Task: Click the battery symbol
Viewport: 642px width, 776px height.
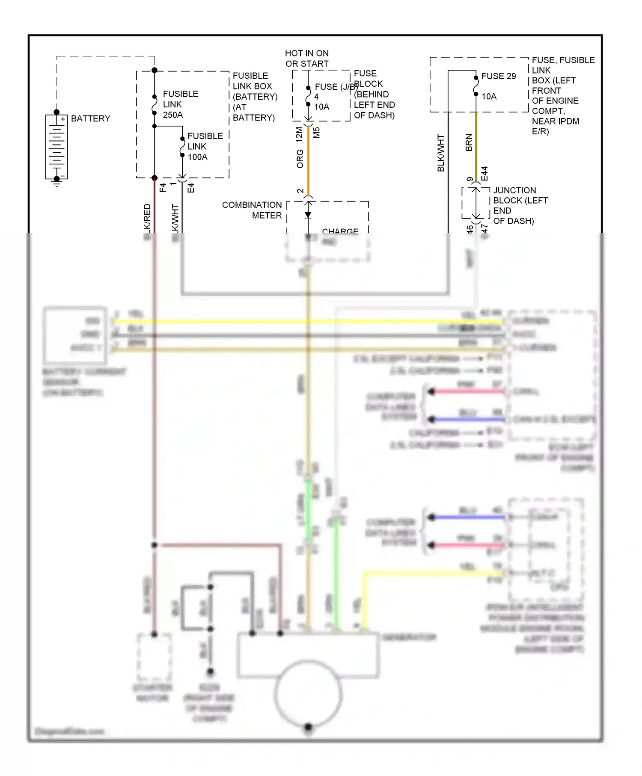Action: coord(56,147)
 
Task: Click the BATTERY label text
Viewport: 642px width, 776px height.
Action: coord(90,118)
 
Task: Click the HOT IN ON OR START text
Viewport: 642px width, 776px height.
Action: coord(307,59)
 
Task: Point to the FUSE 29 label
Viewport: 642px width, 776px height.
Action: coord(498,76)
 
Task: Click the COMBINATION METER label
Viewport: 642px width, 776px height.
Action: coord(252,210)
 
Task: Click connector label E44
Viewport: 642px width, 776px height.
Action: coord(484,174)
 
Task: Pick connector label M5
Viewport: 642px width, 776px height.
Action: coord(316,133)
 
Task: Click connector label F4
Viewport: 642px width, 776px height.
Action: coord(163,187)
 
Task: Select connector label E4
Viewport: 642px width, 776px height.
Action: coord(191,188)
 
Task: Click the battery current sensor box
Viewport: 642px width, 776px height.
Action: coord(75,335)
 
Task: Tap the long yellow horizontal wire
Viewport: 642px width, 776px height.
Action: coord(308,322)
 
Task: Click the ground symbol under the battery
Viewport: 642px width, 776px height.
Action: coord(56,183)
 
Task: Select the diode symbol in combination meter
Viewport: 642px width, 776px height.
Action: coord(308,215)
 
